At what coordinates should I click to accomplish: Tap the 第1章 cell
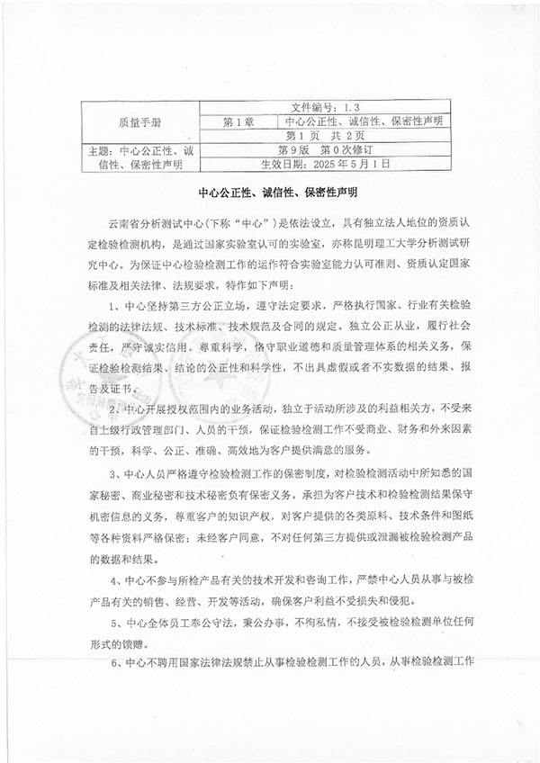[240, 121]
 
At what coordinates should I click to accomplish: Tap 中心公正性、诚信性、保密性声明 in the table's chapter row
[365, 121]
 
